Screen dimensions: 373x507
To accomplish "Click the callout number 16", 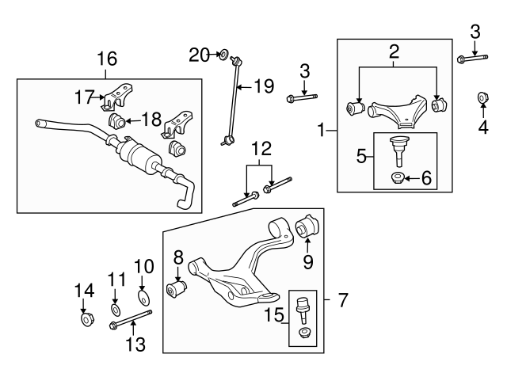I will [106, 58].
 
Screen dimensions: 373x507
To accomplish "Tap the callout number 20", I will [200, 54].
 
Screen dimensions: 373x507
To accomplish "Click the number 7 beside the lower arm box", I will [343, 300].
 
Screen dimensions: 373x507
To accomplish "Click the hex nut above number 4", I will [482, 97].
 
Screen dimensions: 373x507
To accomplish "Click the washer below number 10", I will [143, 299].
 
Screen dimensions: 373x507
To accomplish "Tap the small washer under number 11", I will [116, 307].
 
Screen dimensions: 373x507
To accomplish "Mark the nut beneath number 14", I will [86, 320].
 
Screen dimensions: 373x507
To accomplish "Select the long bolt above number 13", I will [130, 322].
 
